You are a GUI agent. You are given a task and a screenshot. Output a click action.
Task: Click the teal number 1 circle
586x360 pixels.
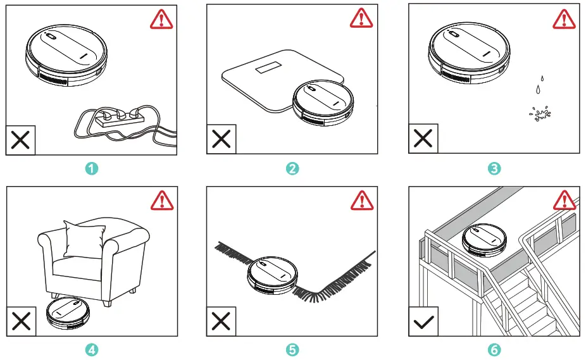(92, 169)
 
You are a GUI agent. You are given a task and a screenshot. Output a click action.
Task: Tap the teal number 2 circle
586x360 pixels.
(292, 169)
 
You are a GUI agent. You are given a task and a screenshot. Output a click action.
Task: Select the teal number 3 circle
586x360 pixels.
(494, 169)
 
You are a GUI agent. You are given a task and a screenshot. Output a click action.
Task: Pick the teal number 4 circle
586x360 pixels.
(92, 349)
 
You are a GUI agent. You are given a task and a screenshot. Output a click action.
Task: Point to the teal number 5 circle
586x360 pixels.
(292, 349)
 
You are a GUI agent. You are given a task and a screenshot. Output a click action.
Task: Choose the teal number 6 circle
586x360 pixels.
(494, 349)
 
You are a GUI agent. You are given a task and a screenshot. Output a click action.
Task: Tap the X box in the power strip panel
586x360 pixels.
(21, 140)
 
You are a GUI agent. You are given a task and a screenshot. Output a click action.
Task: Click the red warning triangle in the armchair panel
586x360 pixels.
(161, 201)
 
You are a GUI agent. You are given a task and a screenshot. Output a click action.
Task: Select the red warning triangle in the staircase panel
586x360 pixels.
(564, 201)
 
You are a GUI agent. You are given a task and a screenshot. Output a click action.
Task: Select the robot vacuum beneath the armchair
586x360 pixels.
(70, 314)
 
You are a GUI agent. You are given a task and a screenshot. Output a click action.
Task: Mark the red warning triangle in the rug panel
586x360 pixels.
(363, 201)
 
